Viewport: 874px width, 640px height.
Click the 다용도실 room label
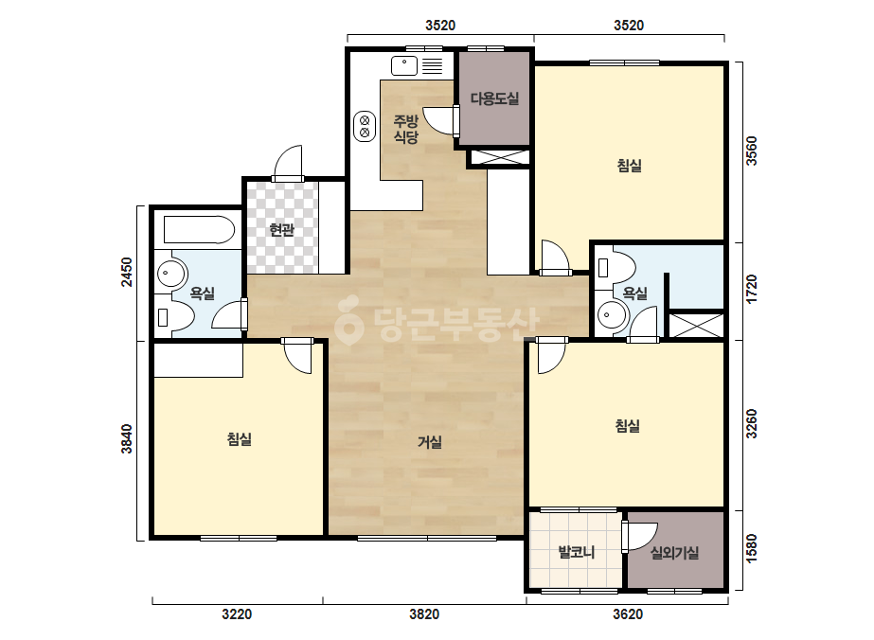[x=494, y=99]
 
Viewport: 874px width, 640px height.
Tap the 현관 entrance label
[x=281, y=229]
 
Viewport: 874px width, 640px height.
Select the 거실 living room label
[x=430, y=443]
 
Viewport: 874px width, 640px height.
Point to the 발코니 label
[x=577, y=553]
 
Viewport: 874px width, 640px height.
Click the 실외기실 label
[x=674, y=553]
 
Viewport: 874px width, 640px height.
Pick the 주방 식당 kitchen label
[x=406, y=129]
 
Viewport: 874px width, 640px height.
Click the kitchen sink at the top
[x=404, y=65]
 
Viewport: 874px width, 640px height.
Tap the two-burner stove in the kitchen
[x=365, y=127]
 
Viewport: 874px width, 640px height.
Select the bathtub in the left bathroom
[x=199, y=230]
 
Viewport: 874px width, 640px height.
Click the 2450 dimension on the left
[x=127, y=272]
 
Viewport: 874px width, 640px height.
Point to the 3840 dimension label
[x=127, y=438]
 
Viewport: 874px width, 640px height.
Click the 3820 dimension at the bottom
[x=424, y=614]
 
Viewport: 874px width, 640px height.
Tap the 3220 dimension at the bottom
[x=237, y=614]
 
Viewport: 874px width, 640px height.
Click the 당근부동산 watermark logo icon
[x=348, y=321]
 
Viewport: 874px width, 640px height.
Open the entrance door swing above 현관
[x=288, y=162]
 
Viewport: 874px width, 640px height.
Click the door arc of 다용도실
[x=438, y=120]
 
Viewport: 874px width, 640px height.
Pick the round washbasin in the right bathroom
[x=612, y=316]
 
